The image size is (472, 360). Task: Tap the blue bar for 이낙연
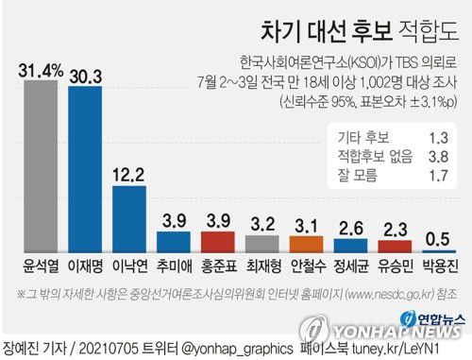130,214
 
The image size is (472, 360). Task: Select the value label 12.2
130,174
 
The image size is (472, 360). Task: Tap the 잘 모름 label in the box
346,173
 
